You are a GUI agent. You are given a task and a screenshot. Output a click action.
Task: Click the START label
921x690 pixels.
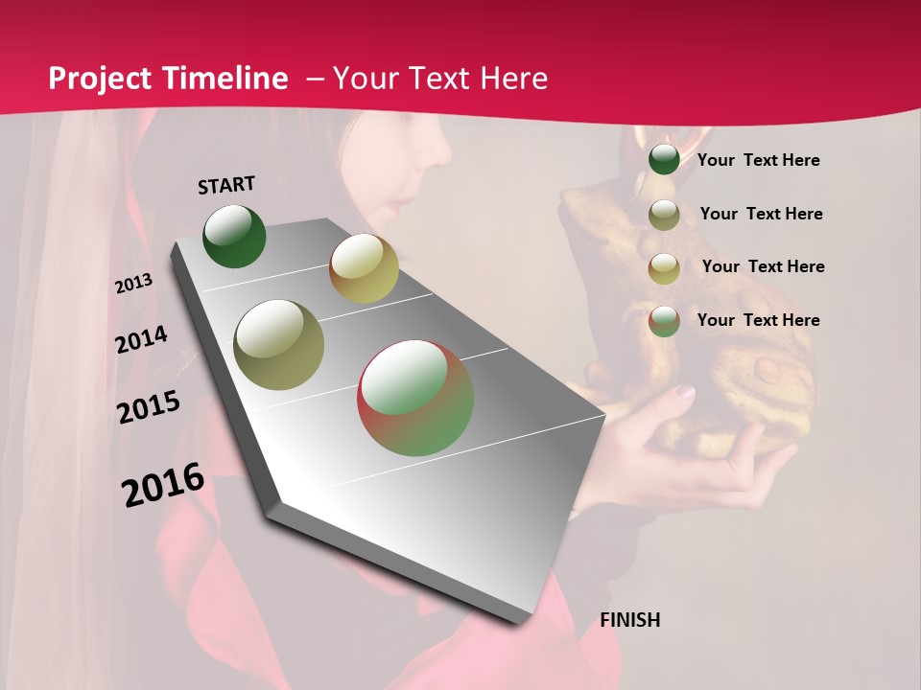226,185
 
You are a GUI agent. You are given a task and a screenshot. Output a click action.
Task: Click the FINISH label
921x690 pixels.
629,620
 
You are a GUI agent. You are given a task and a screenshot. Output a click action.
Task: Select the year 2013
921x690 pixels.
134,284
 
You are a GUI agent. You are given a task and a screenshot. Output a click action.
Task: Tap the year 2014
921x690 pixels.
141,339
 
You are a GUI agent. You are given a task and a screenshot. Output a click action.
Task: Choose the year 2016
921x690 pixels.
163,484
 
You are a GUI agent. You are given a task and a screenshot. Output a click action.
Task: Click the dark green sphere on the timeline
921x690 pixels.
234,237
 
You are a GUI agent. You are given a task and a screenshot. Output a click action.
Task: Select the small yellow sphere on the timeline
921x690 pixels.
364,267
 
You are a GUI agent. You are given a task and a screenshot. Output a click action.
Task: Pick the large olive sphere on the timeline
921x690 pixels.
279,345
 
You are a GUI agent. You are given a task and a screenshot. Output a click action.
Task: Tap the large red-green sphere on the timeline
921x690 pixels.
415,398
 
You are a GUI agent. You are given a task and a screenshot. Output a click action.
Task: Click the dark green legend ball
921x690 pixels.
664,159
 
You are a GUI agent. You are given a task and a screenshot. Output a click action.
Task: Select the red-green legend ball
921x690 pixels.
664,320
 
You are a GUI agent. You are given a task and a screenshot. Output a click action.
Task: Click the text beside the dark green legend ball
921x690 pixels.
758,160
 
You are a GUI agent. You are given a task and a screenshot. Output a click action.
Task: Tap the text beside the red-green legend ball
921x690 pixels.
758,320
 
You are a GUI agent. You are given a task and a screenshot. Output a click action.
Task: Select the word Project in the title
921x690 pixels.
102,79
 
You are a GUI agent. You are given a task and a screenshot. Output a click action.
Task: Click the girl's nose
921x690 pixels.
442,153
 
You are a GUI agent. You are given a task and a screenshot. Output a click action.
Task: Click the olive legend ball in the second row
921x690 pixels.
664,214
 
